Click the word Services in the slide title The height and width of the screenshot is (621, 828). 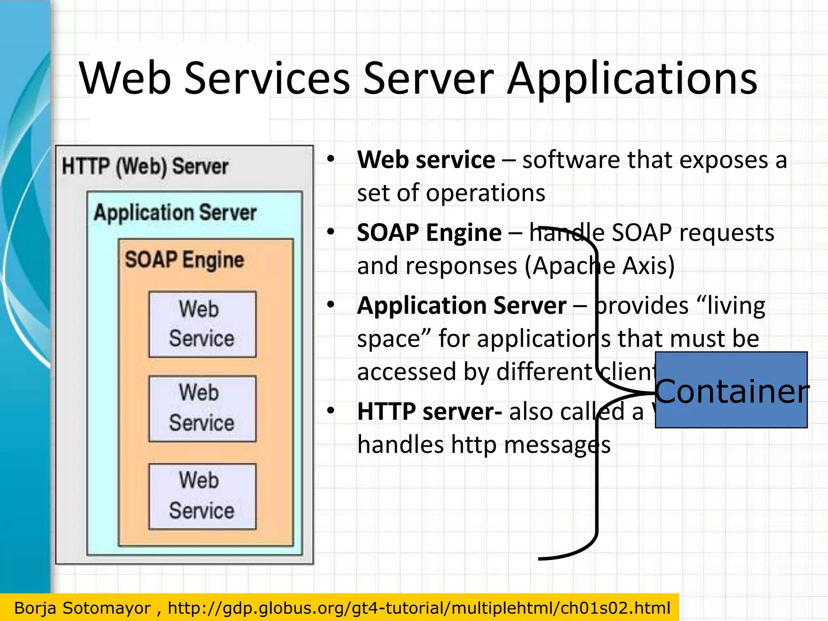(267, 79)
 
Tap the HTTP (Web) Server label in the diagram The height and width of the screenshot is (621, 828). (145, 167)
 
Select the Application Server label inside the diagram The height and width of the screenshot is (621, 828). (175, 213)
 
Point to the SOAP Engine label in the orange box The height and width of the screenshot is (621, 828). (184, 260)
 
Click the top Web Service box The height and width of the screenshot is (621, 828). (202, 324)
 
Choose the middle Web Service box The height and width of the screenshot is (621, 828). (202, 408)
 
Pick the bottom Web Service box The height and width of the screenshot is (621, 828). (202, 496)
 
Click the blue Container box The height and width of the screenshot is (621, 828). (731, 390)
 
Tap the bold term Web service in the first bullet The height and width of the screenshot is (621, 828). (426, 160)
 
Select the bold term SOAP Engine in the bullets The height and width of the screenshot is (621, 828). (429, 233)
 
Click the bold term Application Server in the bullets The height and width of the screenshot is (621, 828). (462, 306)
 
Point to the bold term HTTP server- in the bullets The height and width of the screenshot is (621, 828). (430, 412)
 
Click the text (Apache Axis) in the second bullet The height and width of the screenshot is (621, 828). (600, 266)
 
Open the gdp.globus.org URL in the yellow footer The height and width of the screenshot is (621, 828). (419, 608)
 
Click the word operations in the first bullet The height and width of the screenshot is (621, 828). (486, 193)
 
